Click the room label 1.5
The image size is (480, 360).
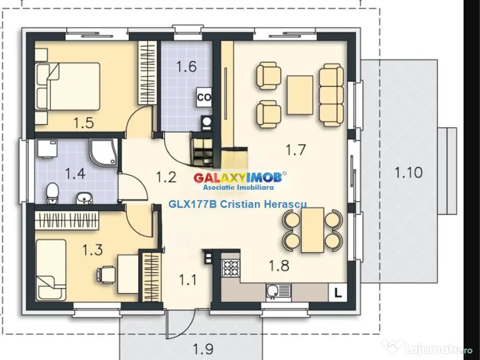point(83,123)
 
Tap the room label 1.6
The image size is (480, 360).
point(187,67)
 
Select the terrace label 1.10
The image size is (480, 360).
point(408,172)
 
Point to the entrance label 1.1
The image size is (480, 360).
point(187,280)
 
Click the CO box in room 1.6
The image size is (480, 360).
point(203,97)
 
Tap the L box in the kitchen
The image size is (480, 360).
point(337,292)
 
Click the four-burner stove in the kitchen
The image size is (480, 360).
point(231,268)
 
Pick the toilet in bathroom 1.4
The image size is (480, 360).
point(52,193)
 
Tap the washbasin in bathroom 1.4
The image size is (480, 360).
point(84,198)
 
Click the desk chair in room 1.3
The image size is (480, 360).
point(105,274)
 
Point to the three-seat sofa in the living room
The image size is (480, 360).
point(331,95)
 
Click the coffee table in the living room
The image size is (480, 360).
point(300,95)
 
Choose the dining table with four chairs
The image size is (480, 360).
point(312,230)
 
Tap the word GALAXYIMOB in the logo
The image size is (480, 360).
point(238,178)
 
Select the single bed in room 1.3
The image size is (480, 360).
point(51,270)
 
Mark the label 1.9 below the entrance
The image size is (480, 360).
point(203,348)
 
